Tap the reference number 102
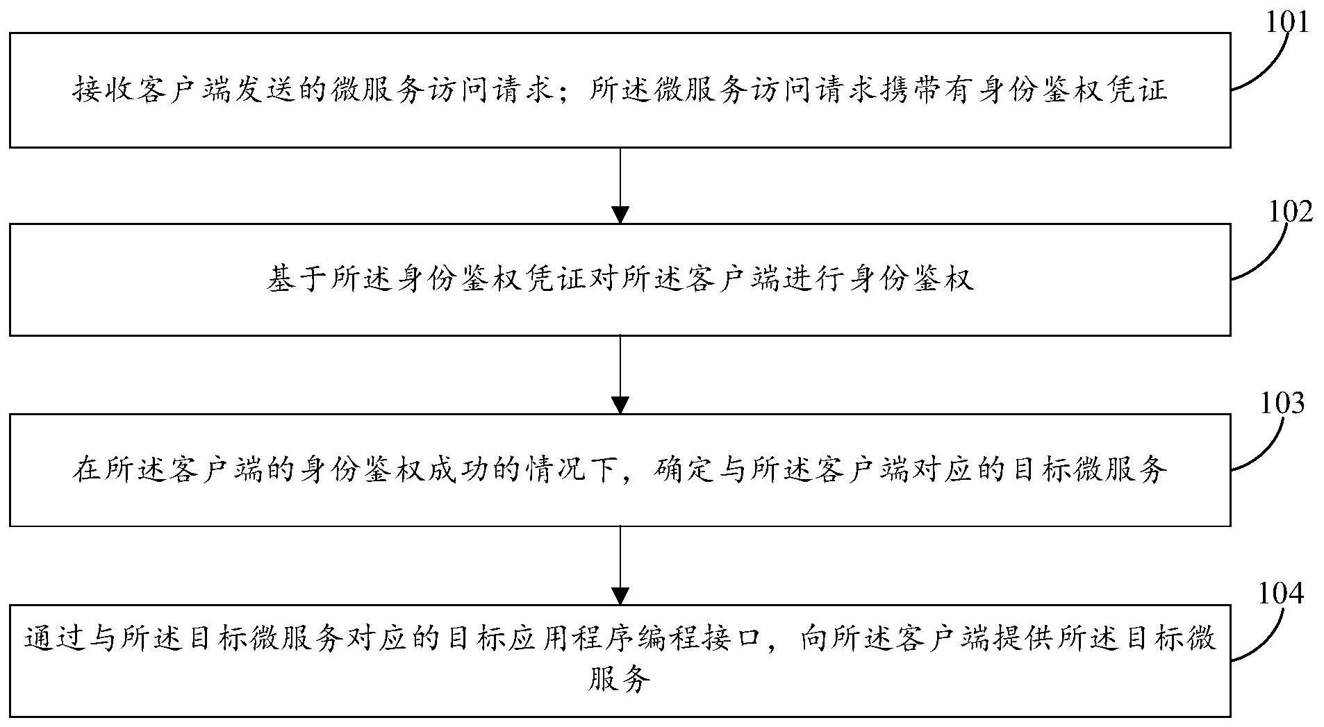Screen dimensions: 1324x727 1291,211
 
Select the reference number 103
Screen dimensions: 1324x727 1282,403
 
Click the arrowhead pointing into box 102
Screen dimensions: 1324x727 620,214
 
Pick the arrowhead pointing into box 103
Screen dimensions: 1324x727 620,405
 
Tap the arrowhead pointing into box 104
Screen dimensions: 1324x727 620,596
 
